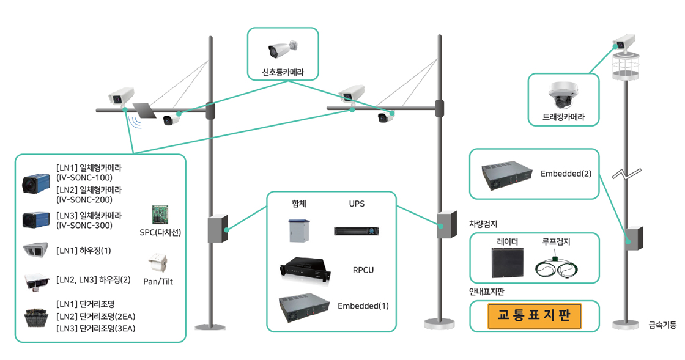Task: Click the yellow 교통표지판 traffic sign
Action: coord(535,316)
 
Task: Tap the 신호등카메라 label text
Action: coord(283,72)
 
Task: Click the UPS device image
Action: coord(357,231)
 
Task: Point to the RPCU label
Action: coord(363,270)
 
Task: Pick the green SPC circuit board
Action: coord(160,215)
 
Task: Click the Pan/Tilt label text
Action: coord(158,281)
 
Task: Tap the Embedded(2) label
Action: coord(566,174)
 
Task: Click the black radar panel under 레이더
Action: coord(507,262)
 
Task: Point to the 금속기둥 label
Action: coord(662,325)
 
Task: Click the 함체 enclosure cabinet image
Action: coord(299,230)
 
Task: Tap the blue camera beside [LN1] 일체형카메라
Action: coord(36,183)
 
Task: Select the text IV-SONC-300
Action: coord(84,226)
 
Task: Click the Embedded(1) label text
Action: coord(363,306)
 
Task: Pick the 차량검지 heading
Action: coord(483,224)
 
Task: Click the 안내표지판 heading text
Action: coord(486,292)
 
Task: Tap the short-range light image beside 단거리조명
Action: coord(36,318)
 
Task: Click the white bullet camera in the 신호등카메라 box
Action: coord(283,50)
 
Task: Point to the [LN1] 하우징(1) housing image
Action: coord(36,251)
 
